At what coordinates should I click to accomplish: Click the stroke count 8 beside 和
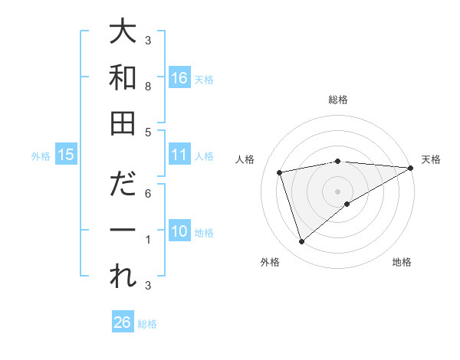[148, 87]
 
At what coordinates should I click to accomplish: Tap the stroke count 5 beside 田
[148, 133]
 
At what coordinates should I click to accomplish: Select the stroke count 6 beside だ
[148, 195]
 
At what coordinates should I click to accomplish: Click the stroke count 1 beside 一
[148, 240]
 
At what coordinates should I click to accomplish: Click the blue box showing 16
[179, 77]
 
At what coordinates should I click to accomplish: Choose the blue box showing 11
[179, 155]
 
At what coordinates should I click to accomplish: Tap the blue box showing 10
[179, 231]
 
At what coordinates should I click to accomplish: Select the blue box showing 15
[66, 155]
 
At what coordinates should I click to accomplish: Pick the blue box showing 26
[123, 322]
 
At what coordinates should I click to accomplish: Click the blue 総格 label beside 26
[147, 324]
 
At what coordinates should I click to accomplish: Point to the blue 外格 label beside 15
[41, 156]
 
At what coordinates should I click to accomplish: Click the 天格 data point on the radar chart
[411, 168]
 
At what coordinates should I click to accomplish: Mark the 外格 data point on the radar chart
[301, 241]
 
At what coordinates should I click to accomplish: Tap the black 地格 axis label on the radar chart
[402, 263]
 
